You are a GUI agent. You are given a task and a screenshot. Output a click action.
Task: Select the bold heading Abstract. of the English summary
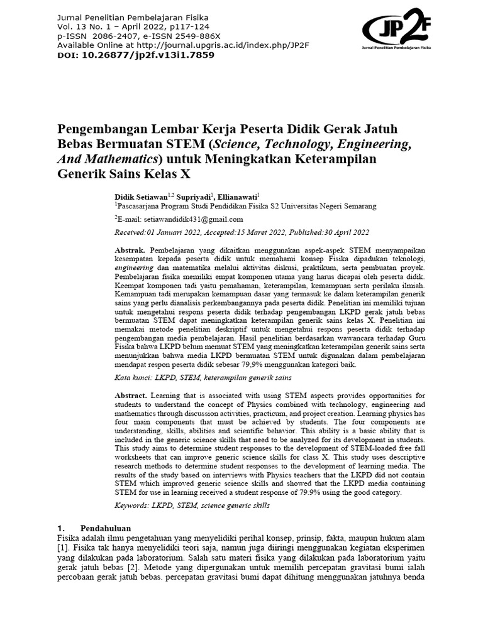(x=131, y=395)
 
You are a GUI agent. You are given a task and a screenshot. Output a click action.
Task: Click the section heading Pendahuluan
(x=106, y=529)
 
